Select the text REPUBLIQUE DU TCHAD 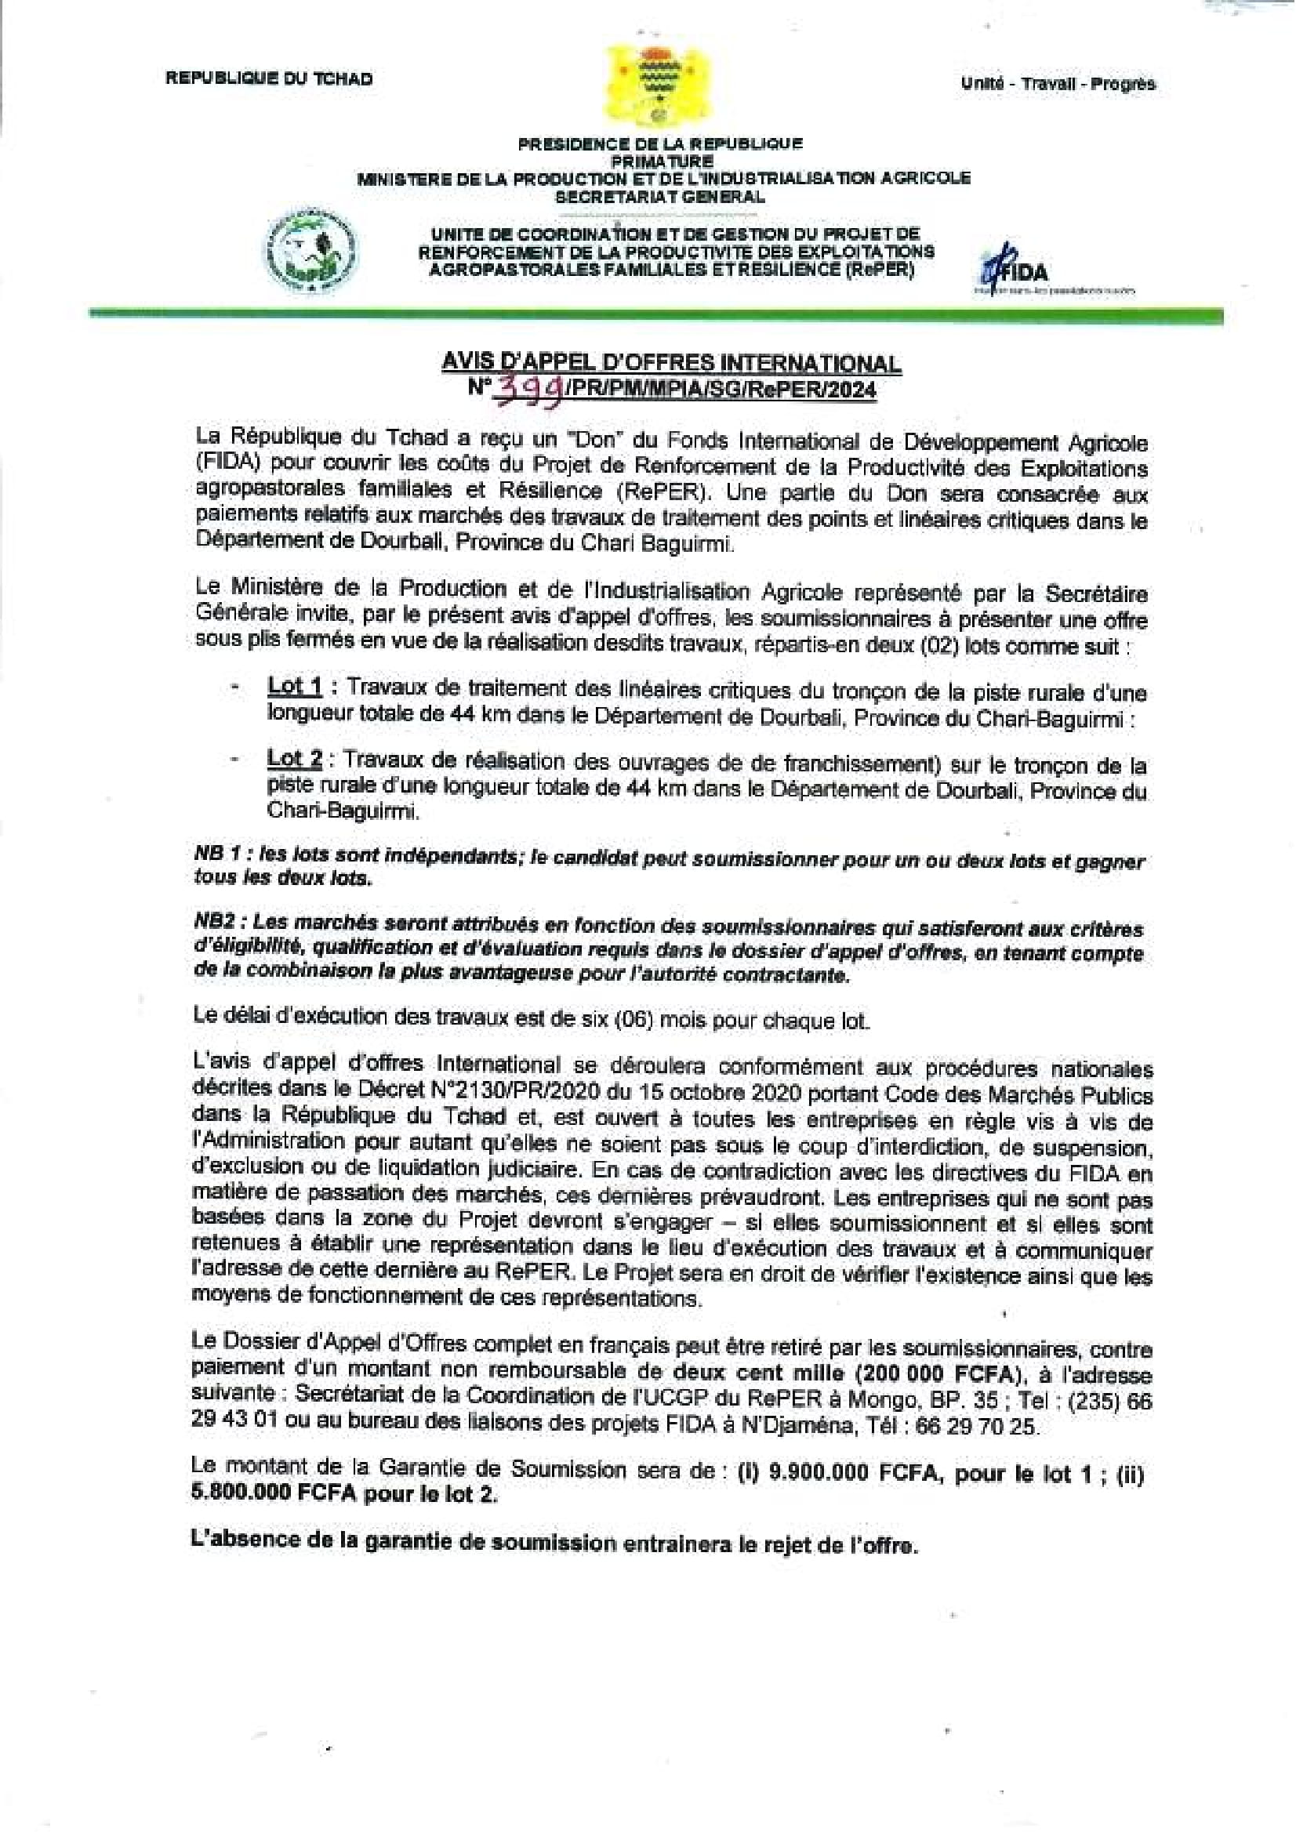pyautogui.click(x=269, y=78)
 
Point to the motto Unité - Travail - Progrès pyautogui.click(x=1058, y=84)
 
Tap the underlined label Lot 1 pyautogui.click(x=295, y=686)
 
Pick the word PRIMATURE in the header pyautogui.click(x=660, y=161)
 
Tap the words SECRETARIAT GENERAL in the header pyautogui.click(x=660, y=196)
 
